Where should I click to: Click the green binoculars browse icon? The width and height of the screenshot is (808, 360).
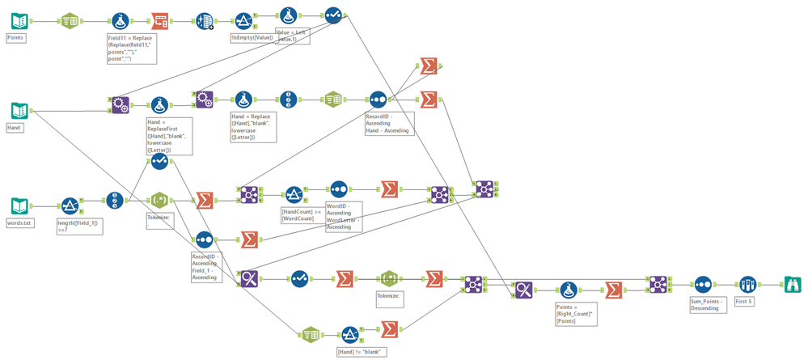(792, 284)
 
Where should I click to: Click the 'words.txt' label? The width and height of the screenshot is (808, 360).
(20, 222)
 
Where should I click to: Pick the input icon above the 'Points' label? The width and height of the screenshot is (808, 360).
(19, 19)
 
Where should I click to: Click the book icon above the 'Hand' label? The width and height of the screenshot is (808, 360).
(19, 110)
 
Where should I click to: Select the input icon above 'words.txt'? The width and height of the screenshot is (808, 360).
(19, 205)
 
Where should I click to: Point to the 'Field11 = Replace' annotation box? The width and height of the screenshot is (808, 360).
(131, 49)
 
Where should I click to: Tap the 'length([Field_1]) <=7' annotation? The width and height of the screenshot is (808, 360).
(79, 227)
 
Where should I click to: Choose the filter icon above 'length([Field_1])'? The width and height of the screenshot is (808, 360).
(70, 205)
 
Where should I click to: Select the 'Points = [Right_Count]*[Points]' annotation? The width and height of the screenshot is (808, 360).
(575, 315)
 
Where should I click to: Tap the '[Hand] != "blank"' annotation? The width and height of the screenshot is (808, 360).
(362, 351)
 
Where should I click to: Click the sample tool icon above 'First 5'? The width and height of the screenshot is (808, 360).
(747, 284)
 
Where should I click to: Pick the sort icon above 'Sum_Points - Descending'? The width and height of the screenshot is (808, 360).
(703, 284)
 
